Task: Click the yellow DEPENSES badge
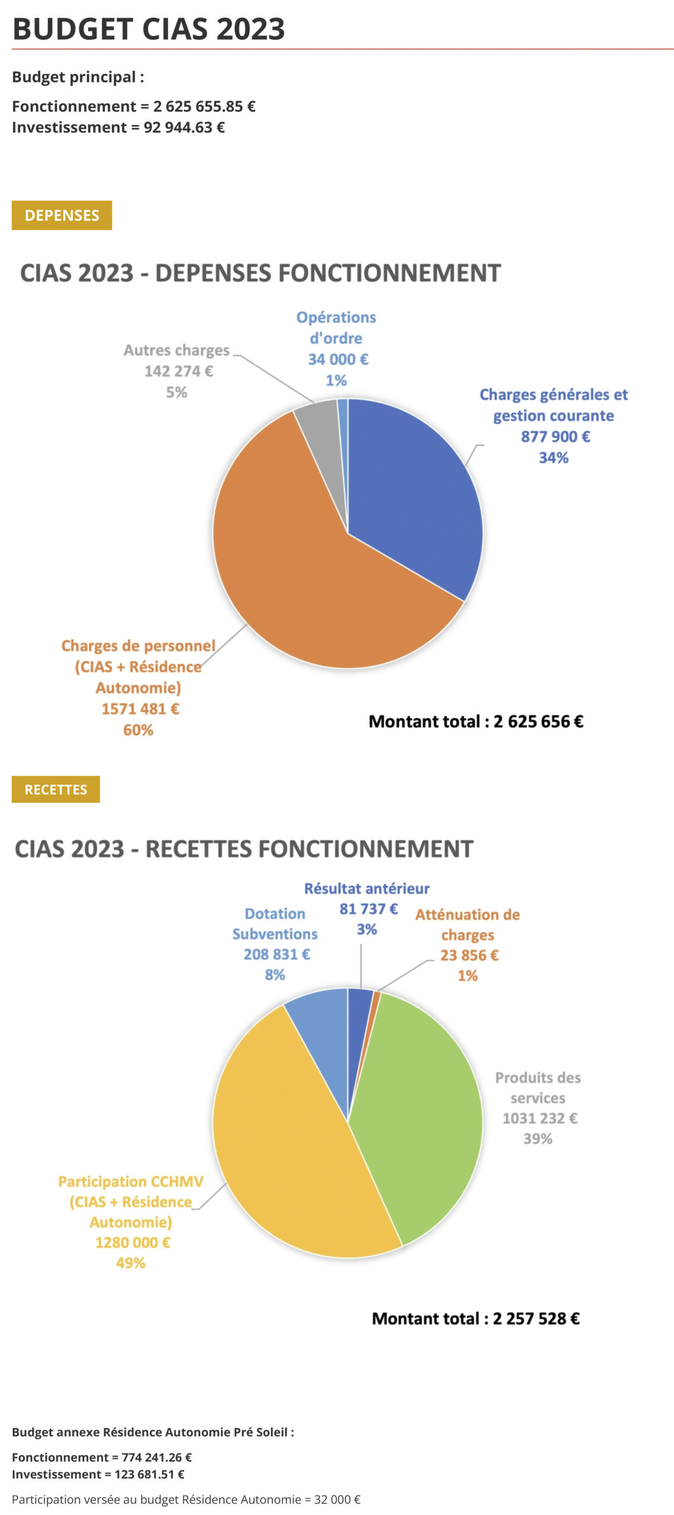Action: click(62, 215)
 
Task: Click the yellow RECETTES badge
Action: click(56, 789)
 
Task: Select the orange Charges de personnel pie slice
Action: click(296, 580)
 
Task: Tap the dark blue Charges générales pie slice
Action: click(415, 497)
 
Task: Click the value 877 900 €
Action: click(555, 437)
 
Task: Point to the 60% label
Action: click(138, 730)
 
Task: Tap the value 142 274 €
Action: click(178, 371)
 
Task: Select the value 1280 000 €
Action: click(133, 1242)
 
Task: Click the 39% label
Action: click(537, 1138)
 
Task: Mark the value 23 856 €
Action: click(469, 955)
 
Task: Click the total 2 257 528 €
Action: click(536, 1318)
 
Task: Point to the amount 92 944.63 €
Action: click(184, 127)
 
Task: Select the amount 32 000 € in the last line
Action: click(337, 1499)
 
